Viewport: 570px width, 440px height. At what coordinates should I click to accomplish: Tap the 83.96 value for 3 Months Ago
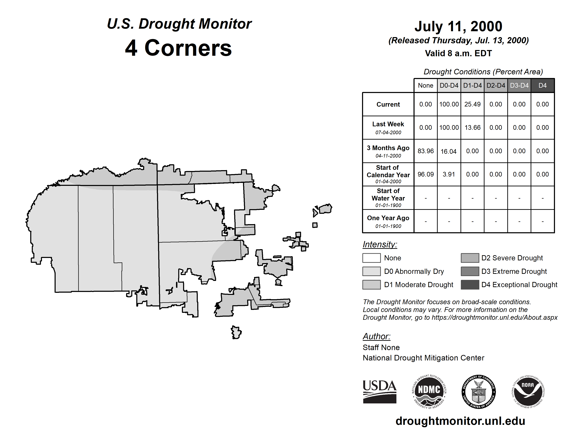pyautogui.click(x=425, y=151)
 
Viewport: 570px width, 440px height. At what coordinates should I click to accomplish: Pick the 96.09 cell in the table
pyautogui.click(x=425, y=174)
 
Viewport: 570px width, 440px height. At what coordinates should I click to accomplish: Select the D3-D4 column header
pyautogui.click(x=519, y=85)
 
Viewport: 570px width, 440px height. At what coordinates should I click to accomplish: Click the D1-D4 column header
pyautogui.click(x=472, y=85)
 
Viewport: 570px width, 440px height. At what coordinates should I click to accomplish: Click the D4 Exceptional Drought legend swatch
pyautogui.click(x=470, y=285)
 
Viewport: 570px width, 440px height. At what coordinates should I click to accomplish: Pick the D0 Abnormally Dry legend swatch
pyautogui.click(x=371, y=271)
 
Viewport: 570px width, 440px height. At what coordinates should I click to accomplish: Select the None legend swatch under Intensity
pyautogui.click(x=371, y=258)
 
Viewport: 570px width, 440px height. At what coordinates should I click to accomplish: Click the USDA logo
pyautogui.click(x=379, y=392)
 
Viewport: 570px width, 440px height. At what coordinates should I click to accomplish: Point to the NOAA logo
pyautogui.click(x=528, y=392)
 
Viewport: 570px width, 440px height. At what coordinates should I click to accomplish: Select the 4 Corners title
pyautogui.click(x=179, y=48)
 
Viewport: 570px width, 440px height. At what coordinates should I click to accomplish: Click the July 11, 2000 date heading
pyautogui.click(x=458, y=26)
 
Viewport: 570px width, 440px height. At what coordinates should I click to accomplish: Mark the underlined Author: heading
pyautogui.click(x=376, y=336)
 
